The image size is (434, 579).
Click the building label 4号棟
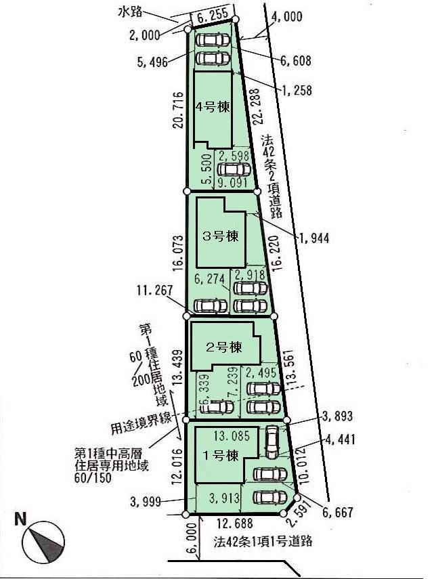[x=213, y=107]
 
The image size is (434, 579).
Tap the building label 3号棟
[x=221, y=236]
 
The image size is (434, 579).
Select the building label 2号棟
[x=223, y=347]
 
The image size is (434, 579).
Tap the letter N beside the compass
[x=21, y=520]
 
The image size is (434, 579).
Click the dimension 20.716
[x=178, y=110]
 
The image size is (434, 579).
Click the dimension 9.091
[x=232, y=181]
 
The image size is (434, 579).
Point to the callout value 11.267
[x=158, y=290]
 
